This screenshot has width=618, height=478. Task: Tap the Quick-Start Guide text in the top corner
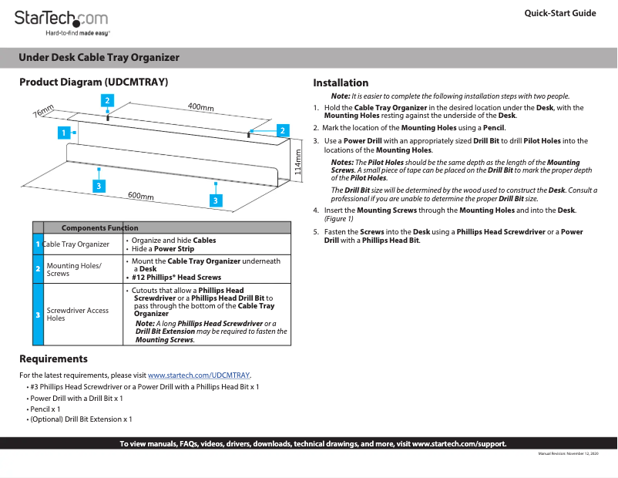click(x=559, y=13)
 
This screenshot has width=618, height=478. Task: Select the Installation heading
click(x=341, y=83)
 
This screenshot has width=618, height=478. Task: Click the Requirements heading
click(x=53, y=358)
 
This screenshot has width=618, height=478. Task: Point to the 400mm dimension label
click(x=200, y=107)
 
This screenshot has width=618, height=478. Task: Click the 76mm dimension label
click(x=42, y=111)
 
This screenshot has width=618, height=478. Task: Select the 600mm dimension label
click(x=140, y=196)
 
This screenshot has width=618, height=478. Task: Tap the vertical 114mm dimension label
click(x=299, y=163)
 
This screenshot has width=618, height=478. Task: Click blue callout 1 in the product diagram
click(x=62, y=133)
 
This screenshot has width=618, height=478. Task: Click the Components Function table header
click(x=99, y=227)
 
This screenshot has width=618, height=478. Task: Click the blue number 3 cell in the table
click(x=38, y=315)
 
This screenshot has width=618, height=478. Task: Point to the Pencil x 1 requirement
click(x=45, y=409)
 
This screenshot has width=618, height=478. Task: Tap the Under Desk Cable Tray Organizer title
click(x=99, y=58)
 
